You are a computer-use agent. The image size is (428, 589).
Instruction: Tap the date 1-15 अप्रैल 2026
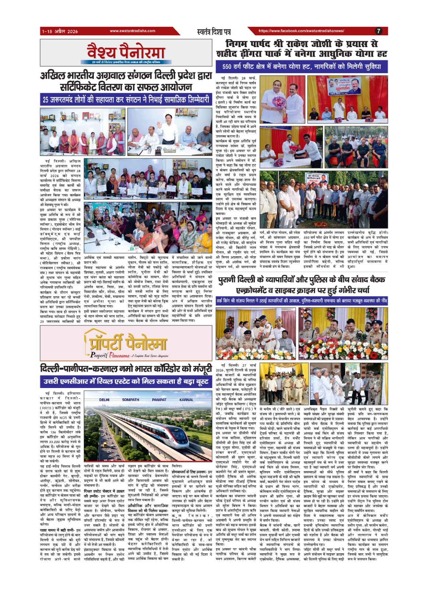click(x=59, y=31)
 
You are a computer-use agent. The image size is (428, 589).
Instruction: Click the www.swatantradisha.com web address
click(x=132, y=31)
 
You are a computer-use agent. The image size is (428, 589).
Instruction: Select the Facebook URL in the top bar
click(x=301, y=31)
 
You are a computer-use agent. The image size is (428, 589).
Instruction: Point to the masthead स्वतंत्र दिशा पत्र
click(x=214, y=32)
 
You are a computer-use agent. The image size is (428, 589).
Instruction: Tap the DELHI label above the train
click(x=104, y=399)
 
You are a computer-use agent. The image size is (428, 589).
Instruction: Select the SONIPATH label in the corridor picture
click(x=130, y=399)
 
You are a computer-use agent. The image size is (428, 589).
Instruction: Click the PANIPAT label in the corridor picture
click(x=159, y=399)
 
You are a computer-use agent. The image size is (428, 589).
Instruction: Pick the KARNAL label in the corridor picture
click(x=186, y=399)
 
